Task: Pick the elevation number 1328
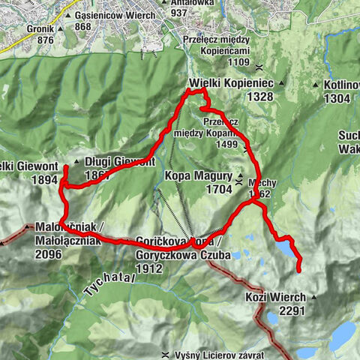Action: pyautogui.click(x=253, y=97)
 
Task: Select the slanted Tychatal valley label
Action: pyautogui.click(x=109, y=286)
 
